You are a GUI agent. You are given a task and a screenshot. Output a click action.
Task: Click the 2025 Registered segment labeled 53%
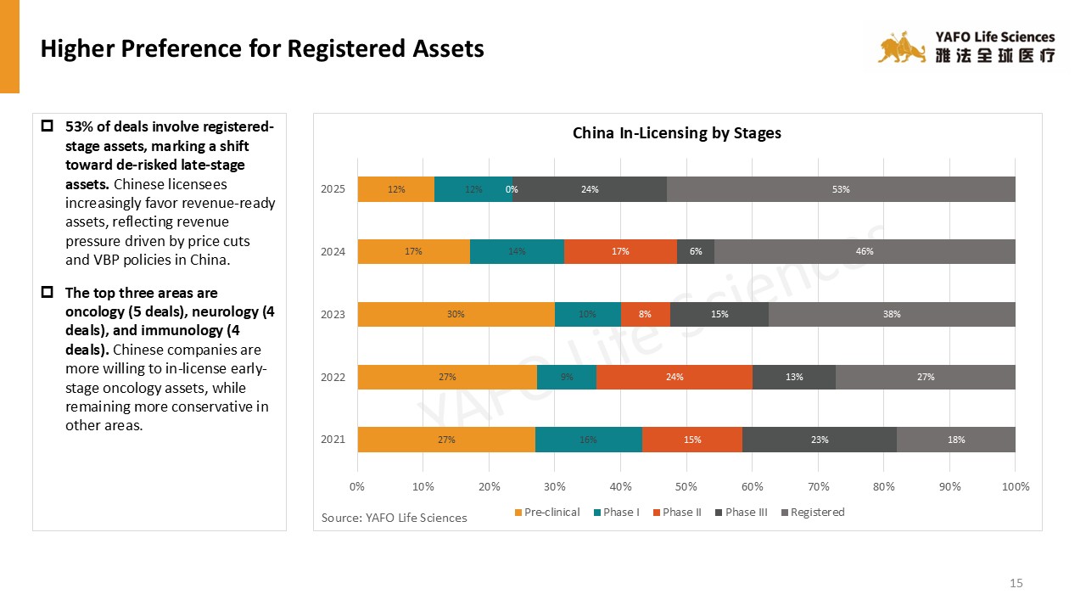841,189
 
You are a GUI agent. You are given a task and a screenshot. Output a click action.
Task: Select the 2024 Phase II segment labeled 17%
620,251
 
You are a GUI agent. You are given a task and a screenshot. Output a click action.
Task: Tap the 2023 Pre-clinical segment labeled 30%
456,314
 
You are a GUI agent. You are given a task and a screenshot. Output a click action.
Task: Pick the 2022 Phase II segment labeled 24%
675,377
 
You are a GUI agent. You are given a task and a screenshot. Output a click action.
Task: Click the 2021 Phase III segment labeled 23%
820,440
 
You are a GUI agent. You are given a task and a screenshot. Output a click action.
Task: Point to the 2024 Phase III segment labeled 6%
696,251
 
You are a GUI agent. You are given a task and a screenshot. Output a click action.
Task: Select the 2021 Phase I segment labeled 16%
588,440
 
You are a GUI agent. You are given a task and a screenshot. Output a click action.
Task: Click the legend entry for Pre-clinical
546,512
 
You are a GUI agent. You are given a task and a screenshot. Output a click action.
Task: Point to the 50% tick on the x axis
686,486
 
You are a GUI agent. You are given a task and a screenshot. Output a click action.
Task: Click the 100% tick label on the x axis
1016,486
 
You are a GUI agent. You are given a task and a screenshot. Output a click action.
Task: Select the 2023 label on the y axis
333,314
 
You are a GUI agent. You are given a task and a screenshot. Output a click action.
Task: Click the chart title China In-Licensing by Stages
677,133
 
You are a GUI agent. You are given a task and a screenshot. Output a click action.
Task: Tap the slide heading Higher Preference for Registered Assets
262,48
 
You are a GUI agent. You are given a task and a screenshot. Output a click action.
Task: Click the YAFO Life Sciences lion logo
901,49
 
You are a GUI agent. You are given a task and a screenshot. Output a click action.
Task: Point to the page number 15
1016,583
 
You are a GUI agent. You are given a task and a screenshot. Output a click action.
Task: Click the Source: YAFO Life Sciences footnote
394,518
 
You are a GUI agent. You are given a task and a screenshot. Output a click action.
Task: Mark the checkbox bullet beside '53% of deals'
48,126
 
